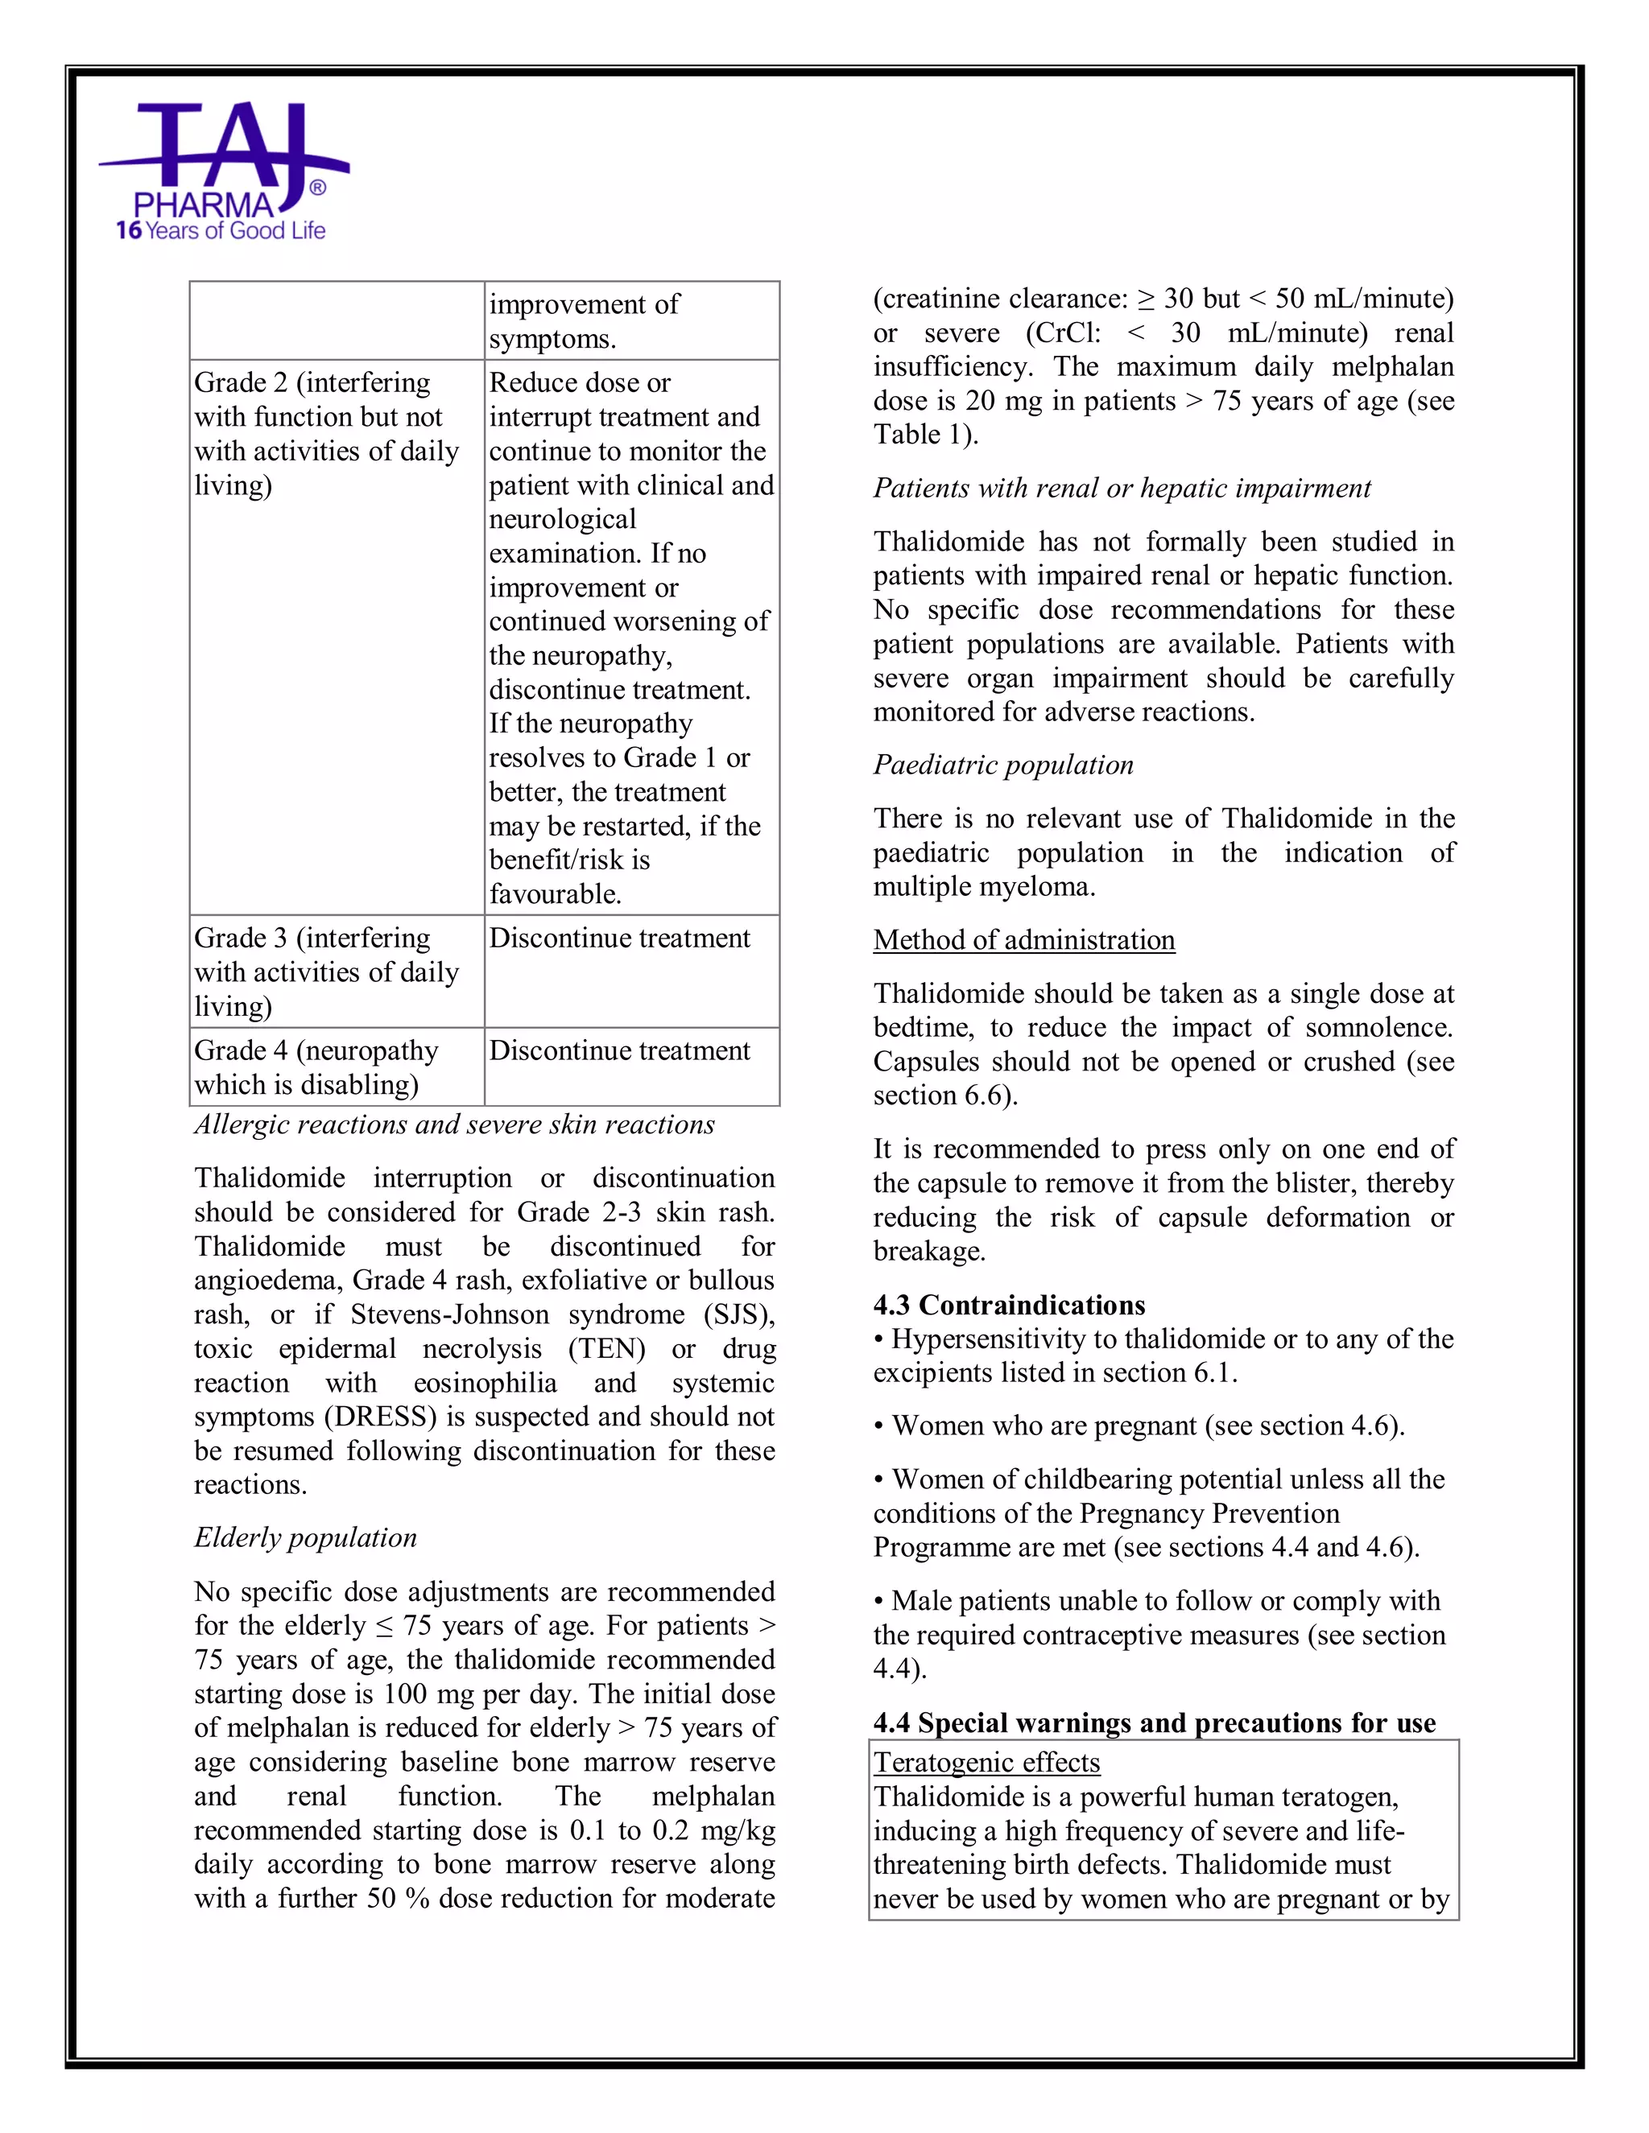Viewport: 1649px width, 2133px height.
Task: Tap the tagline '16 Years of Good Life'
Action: (x=221, y=232)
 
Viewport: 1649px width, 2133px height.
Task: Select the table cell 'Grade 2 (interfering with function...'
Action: (x=326, y=434)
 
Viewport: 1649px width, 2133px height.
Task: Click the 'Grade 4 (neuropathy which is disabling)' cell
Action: (x=316, y=1067)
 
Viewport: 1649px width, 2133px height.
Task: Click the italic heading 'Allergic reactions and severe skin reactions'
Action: (x=454, y=1124)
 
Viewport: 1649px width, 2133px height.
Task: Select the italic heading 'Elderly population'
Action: (x=305, y=1537)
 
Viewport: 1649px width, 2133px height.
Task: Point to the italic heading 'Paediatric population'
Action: (x=1003, y=765)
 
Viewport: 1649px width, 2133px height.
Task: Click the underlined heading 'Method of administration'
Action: (x=1024, y=939)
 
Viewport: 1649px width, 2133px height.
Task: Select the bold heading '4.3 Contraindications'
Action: (x=1009, y=1305)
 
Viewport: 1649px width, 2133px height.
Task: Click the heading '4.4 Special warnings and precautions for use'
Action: (x=1155, y=1722)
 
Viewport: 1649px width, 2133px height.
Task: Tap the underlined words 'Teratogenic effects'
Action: (x=986, y=1762)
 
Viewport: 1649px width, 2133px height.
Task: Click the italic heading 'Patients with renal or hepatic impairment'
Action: (x=1122, y=489)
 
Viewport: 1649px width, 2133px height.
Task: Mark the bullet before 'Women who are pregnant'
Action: (x=879, y=1427)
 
